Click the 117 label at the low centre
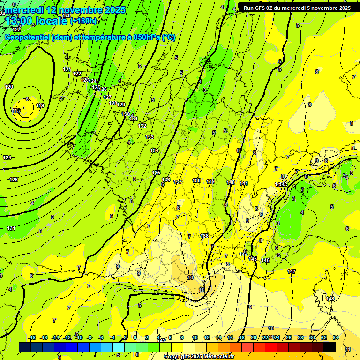click(x=16, y=111)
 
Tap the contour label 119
click(x=40, y=106)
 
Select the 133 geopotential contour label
click(x=150, y=137)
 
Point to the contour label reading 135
click(x=157, y=173)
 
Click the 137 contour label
click(x=178, y=182)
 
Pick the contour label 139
click(x=210, y=181)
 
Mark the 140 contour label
click(x=231, y=182)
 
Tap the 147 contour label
click(x=292, y=271)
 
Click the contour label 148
click(x=330, y=299)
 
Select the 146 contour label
click(x=265, y=260)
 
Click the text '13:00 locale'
click(x=37, y=21)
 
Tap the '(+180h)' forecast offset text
click(x=84, y=21)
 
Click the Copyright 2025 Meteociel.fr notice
click(x=199, y=356)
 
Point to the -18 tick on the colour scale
click(x=31, y=337)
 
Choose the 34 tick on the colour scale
click(x=336, y=337)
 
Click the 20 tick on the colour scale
click(x=254, y=337)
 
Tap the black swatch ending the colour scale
click(x=330, y=347)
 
